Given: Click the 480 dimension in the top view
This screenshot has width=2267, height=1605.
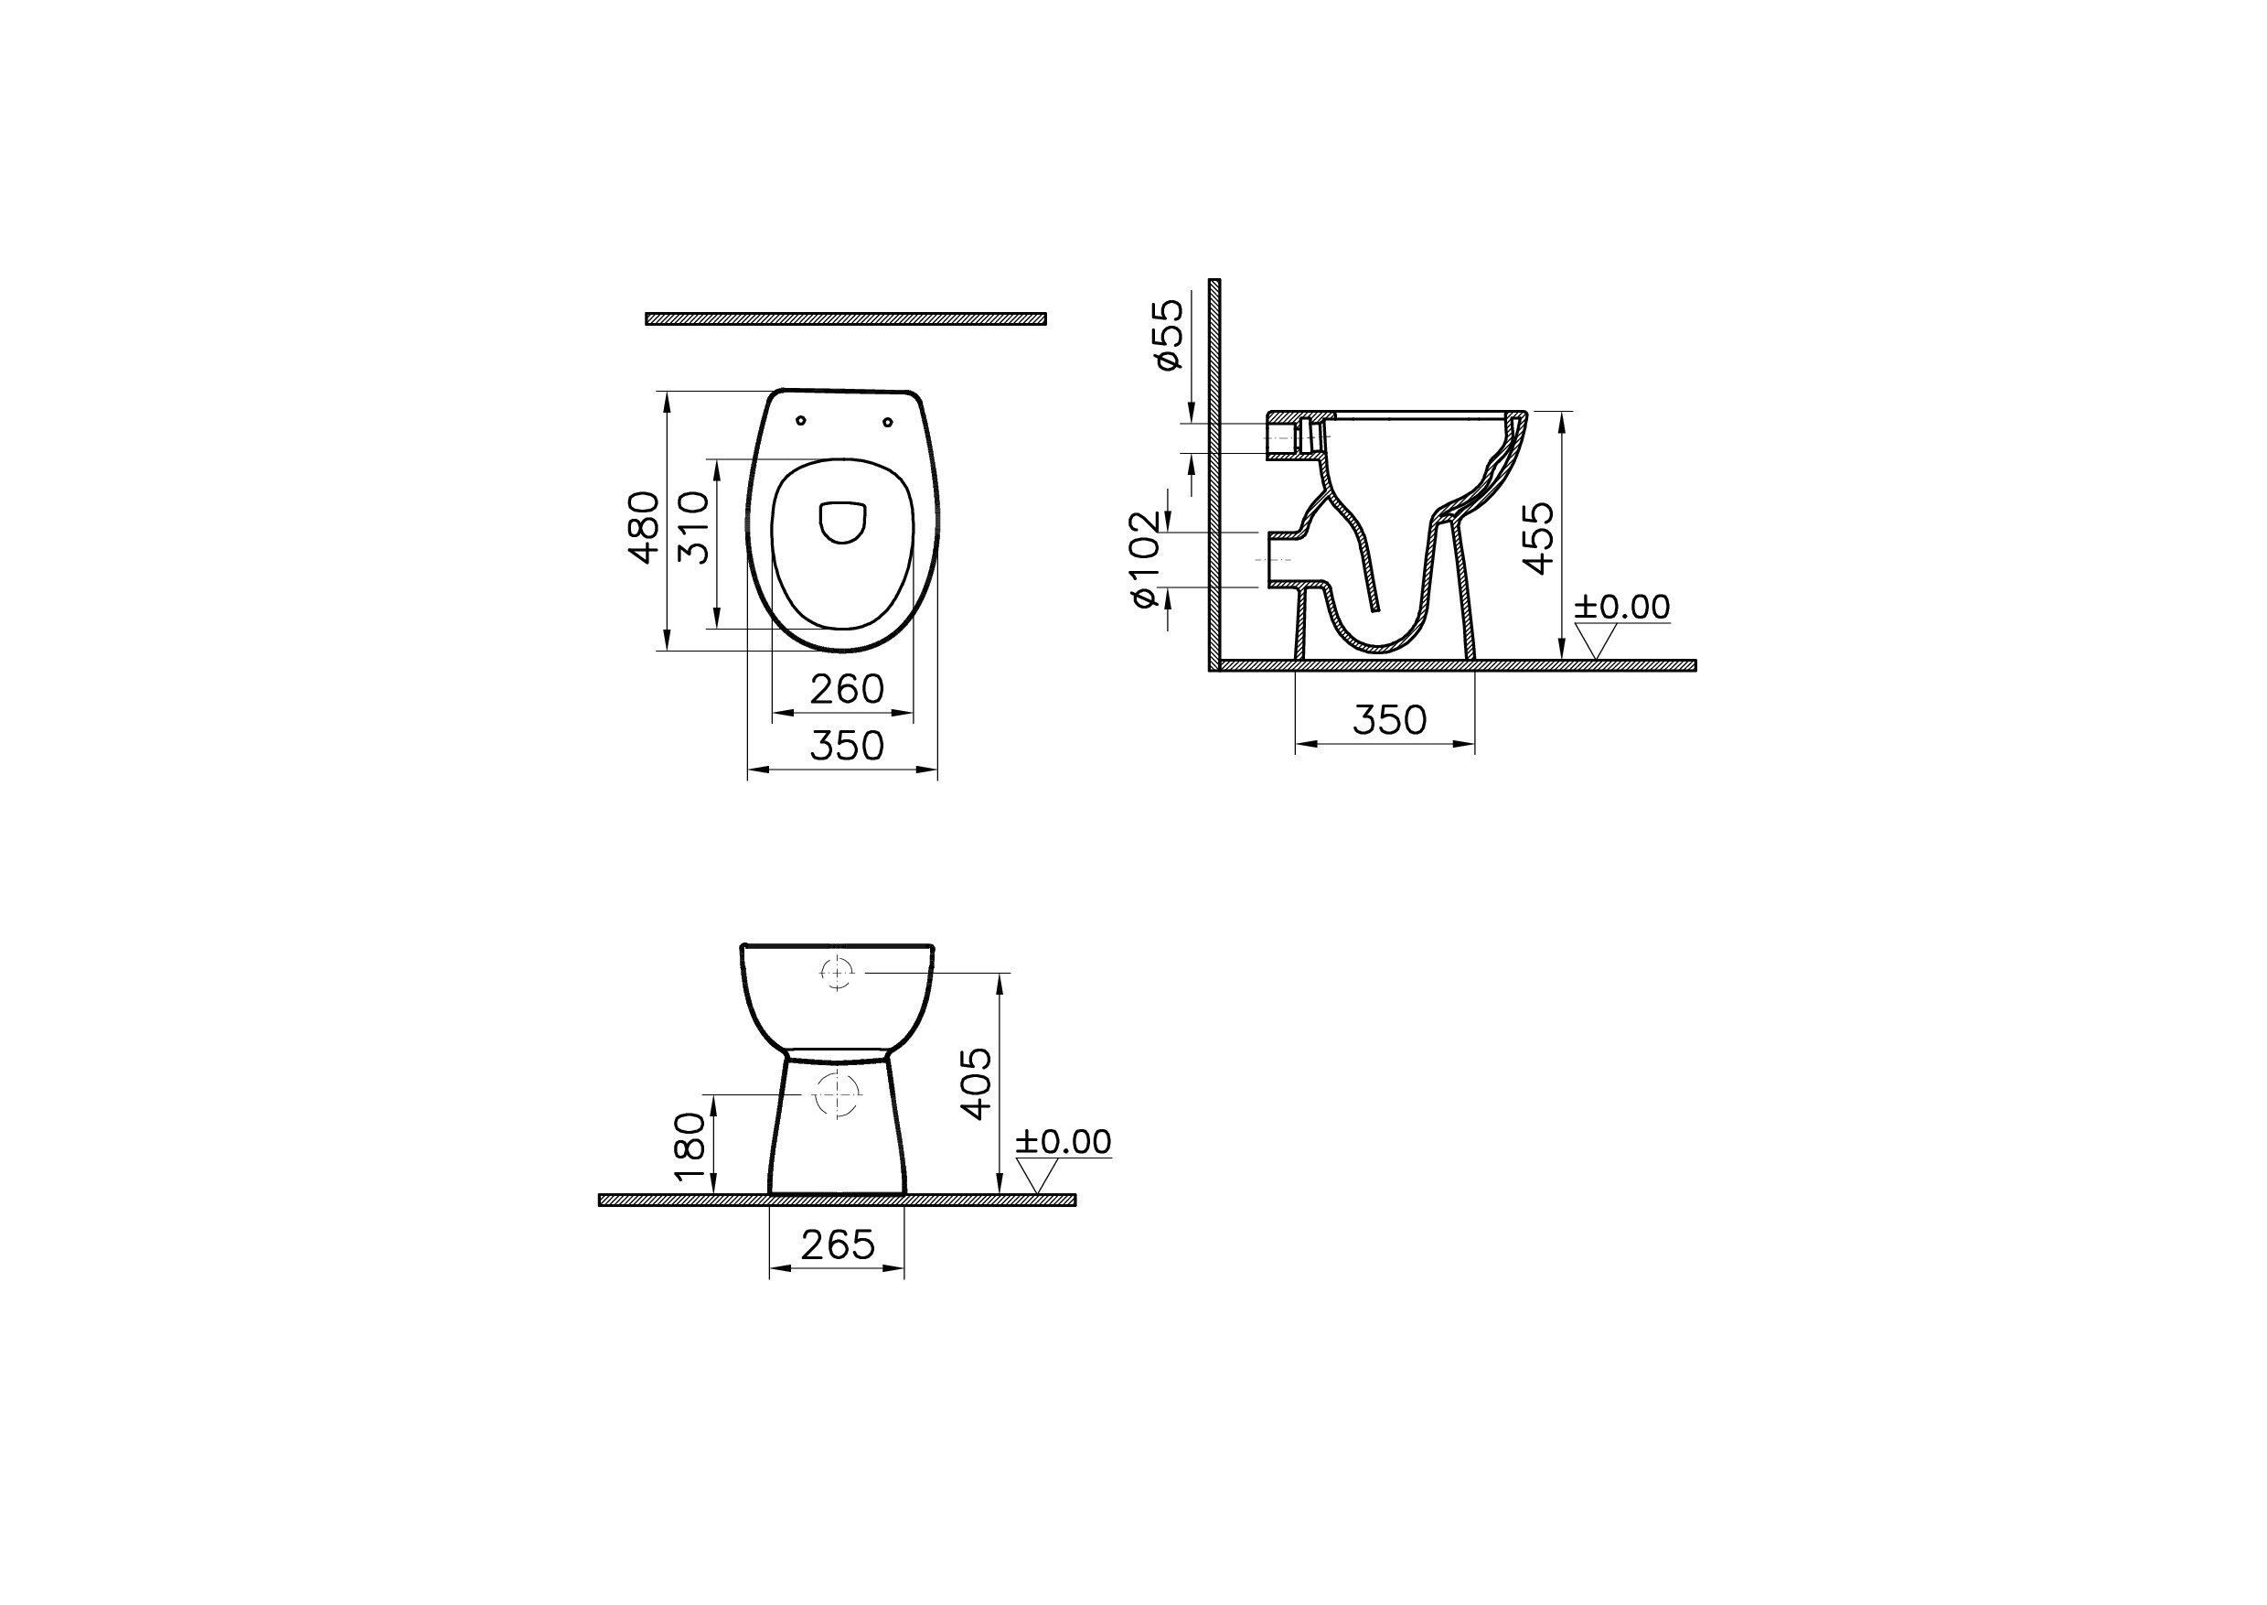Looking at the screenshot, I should click(x=644, y=527).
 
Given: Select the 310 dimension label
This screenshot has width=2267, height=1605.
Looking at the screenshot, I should click(x=694, y=527).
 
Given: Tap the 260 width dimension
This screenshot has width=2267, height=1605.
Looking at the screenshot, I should click(x=847, y=690).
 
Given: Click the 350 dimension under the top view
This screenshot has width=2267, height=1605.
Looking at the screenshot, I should click(x=847, y=746).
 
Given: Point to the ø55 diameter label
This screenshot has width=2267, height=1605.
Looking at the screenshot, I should click(x=1170, y=335).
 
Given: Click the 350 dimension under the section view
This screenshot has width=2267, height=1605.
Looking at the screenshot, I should click(x=1389, y=720).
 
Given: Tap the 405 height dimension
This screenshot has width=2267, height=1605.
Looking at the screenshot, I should click(x=976, y=1084).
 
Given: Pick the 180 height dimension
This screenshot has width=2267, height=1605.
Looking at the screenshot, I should click(x=690, y=1147).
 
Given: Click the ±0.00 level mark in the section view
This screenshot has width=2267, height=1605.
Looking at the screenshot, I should click(x=1621, y=607).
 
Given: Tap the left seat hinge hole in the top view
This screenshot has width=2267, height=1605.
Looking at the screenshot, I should click(x=801, y=421).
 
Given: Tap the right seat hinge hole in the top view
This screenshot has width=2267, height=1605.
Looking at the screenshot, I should click(x=887, y=423).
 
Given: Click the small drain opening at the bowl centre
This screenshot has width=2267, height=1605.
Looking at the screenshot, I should click(x=842, y=522).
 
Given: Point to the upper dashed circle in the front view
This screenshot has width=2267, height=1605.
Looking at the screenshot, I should click(x=837, y=974).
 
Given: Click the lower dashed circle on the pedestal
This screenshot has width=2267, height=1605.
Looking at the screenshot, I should click(x=837, y=1094).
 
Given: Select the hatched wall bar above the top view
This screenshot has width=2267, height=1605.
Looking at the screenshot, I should click(x=846, y=318).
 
